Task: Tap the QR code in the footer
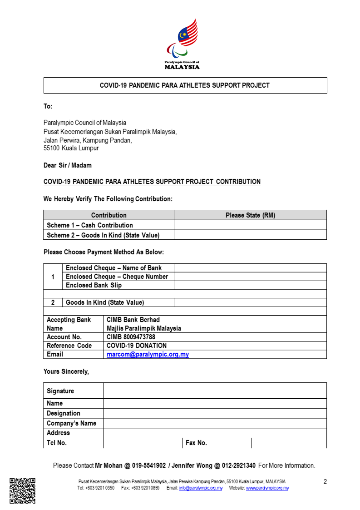pyautogui.click(x=23, y=490)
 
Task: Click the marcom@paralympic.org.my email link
pyautogui.click(x=148, y=354)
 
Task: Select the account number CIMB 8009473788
pyautogui.click(x=131, y=337)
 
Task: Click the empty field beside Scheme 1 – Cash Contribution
pyautogui.click(x=250, y=225)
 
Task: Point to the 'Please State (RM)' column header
pyautogui.click(x=250, y=215)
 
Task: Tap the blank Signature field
pyautogui.click(x=215, y=391)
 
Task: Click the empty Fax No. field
pyautogui.click(x=289, y=443)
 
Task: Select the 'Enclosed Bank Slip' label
pyautogui.click(x=94, y=285)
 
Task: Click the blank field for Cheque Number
pyautogui.click(x=250, y=277)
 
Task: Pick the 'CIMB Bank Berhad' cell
pyautogui.click(x=133, y=320)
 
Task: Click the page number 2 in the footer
pyautogui.click(x=325, y=481)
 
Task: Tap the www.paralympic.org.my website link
pyautogui.click(x=267, y=488)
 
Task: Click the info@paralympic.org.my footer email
pyautogui.click(x=201, y=488)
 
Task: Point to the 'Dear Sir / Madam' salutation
pyautogui.click(x=67, y=165)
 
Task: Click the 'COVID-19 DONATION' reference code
pyautogui.click(x=136, y=346)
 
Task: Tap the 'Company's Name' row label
pyautogui.click(x=71, y=423)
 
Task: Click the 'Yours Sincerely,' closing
pyautogui.click(x=66, y=371)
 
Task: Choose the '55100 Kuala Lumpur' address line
pyautogui.click(x=71, y=148)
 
